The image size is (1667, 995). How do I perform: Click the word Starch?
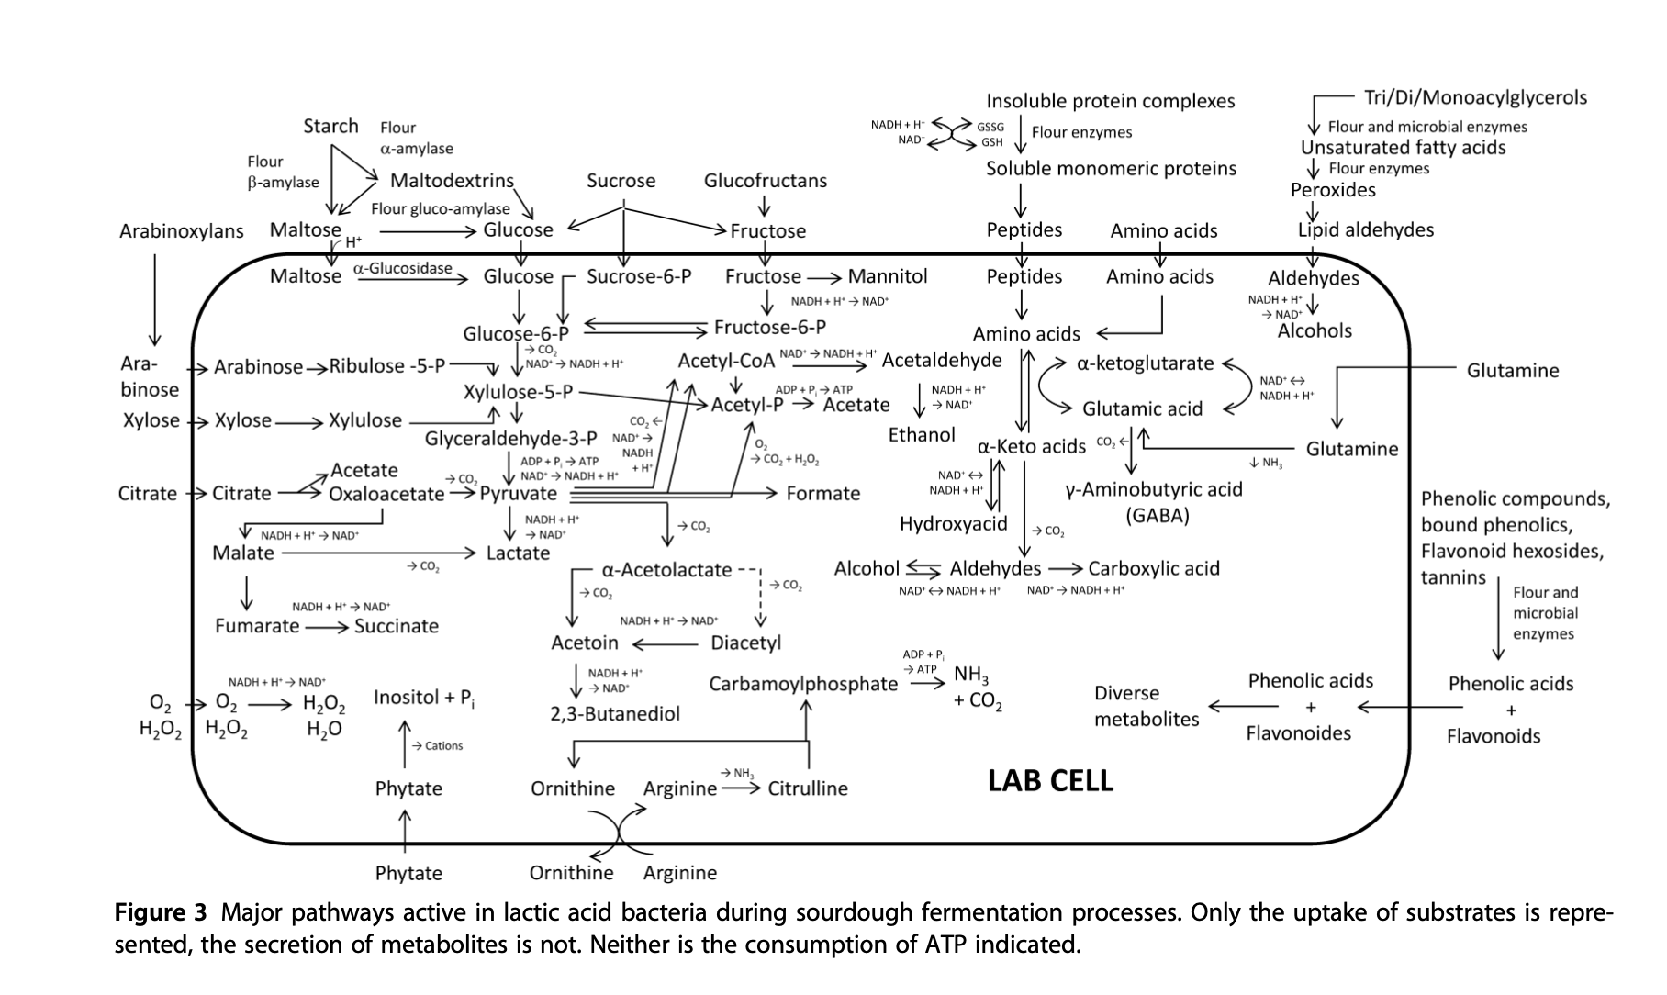(x=330, y=126)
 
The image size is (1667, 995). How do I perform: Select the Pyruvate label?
(x=518, y=494)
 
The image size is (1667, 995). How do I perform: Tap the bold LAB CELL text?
(x=1050, y=781)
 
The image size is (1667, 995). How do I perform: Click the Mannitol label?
(x=887, y=276)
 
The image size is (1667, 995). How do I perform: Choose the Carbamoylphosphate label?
(x=803, y=684)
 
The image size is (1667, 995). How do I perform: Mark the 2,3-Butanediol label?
(x=615, y=714)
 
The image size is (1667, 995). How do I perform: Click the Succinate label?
(x=396, y=626)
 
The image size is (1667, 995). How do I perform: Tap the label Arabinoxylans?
(x=181, y=231)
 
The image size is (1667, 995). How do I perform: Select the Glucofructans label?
(x=765, y=181)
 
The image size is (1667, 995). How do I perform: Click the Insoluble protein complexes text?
(x=1110, y=101)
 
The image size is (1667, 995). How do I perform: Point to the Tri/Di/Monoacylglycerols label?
(x=1475, y=98)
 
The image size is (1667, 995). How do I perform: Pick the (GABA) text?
(x=1157, y=515)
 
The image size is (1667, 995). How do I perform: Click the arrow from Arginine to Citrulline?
(x=741, y=788)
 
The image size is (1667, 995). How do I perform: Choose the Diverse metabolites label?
(x=1146, y=706)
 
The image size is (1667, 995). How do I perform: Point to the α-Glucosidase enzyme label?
(x=402, y=268)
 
